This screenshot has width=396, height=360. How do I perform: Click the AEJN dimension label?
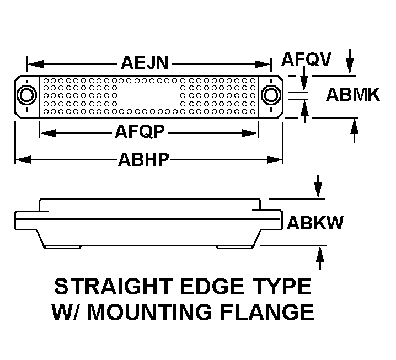click(145, 63)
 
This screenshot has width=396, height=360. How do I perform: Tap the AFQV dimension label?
click(306, 60)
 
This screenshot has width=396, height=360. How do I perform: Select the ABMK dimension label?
click(353, 94)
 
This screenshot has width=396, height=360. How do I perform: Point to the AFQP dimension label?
click(140, 132)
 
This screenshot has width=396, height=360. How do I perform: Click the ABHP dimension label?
click(143, 159)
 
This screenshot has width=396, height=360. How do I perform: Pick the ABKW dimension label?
click(315, 223)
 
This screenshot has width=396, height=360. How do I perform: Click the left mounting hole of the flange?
click(26, 95)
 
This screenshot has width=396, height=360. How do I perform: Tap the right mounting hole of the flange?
click(271, 95)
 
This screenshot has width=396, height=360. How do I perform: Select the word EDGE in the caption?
click(216, 286)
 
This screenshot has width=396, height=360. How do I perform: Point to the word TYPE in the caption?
click(285, 286)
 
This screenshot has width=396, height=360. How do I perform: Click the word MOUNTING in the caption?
click(149, 312)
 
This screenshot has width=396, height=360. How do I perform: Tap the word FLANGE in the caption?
click(267, 312)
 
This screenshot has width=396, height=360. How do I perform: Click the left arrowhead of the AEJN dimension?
click(35, 64)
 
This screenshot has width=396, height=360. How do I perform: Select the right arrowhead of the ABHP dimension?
click(275, 159)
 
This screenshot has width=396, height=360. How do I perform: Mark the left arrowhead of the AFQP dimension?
click(48, 133)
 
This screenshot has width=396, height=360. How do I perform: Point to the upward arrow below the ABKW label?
click(320, 258)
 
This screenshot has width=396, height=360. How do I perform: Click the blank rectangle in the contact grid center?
click(148, 96)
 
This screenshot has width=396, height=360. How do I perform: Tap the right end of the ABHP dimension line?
click(282, 159)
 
